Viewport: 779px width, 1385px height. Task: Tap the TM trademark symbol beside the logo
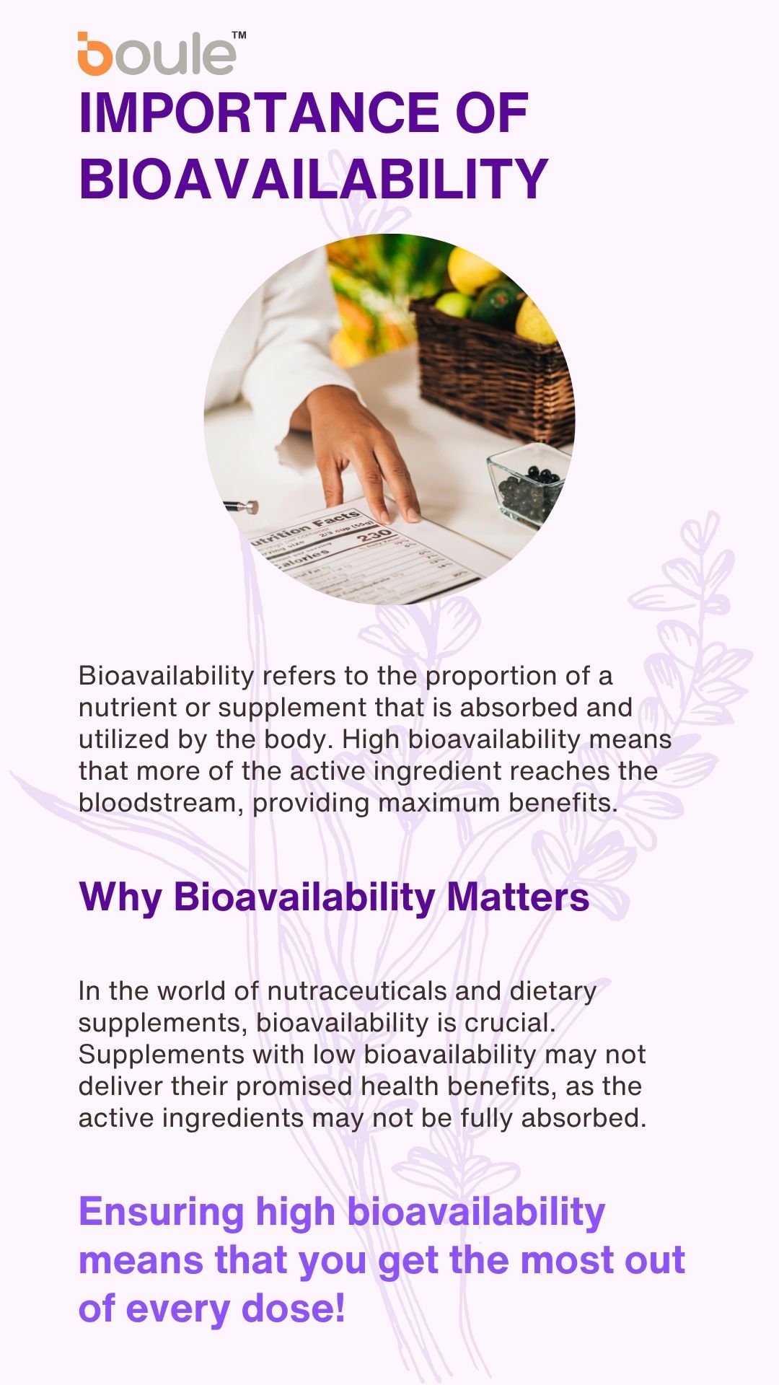(238, 35)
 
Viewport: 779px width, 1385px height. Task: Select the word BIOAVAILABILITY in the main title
(314, 178)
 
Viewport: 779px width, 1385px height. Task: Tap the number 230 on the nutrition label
(376, 537)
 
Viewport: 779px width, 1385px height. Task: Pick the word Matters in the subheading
(518, 897)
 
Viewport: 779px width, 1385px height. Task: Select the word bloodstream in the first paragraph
(160, 803)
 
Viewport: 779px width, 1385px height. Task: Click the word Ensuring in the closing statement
(161, 1213)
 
